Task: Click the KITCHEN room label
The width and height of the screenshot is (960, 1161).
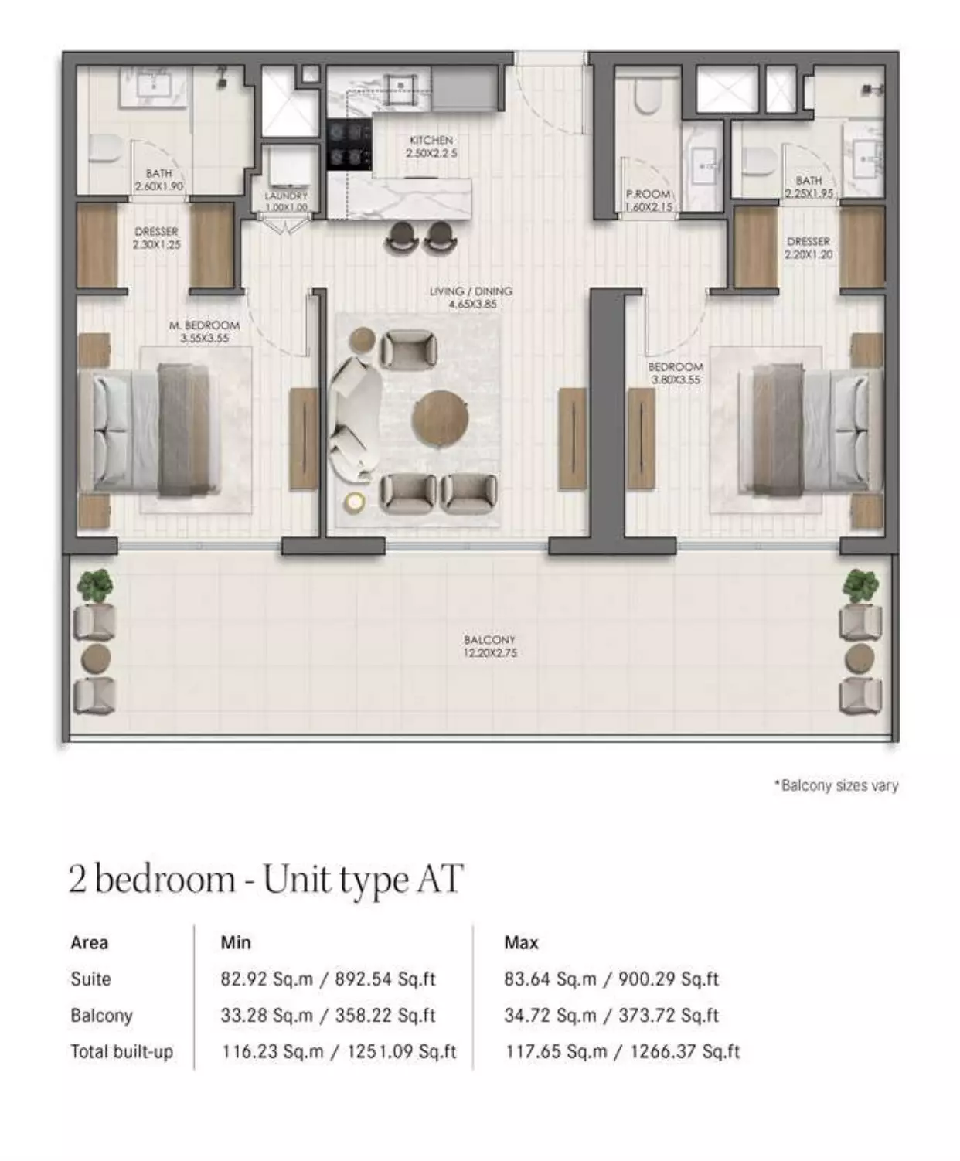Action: coord(431,140)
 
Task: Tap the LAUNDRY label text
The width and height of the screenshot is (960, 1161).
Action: coord(286,196)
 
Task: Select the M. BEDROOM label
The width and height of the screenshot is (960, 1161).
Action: coord(204,325)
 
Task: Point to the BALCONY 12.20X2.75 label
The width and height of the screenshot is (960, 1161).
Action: coord(490,646)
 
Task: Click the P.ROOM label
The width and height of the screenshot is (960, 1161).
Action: coord(648,194)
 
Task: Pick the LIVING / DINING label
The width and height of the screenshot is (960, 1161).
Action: coord(471,291)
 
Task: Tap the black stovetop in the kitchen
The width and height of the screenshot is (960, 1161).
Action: coord(349,145)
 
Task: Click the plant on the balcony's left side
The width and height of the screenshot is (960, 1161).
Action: coord(94,585)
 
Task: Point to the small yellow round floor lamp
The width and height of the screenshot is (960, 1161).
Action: coord(354,502)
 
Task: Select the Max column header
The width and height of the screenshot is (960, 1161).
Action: coord(521,942)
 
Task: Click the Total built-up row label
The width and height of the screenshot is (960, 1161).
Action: coord(122,1051)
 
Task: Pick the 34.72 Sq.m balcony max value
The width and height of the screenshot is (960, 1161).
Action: coord(550,1016)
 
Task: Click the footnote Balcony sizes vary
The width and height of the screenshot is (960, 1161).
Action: coord(836,785)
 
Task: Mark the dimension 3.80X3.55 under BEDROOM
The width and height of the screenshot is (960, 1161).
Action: coord(676,380)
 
